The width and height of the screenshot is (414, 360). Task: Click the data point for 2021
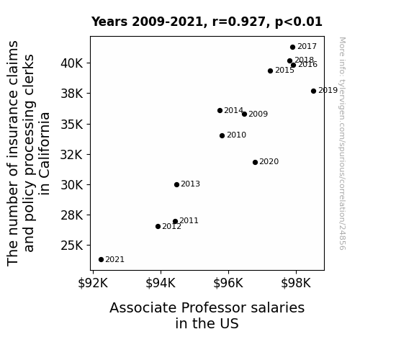(101, 260)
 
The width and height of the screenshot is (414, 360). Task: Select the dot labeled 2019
(313, 91)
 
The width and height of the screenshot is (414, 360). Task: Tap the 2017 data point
(292, 48)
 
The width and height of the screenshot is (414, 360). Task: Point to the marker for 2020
(255, 162)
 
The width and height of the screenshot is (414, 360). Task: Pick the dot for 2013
(176, 184)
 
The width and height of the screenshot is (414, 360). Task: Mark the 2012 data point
(158, 226)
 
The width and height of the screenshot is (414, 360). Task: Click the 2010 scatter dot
(222, 136)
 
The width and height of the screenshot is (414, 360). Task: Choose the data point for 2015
(270, 71)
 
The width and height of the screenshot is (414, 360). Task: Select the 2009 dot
(245, 114)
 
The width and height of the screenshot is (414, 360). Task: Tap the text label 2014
(234, 110)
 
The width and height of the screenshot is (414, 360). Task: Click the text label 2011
(189, 220)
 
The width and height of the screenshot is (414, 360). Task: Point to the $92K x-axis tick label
(93, 283)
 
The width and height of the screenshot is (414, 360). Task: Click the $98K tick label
(296, 283)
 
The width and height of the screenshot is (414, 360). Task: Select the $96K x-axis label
(228, 283)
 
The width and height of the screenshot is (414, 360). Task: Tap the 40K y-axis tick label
(72, 63)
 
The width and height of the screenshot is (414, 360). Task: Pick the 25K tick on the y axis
(72, 246)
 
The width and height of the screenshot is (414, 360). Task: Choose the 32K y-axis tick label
(72, 155)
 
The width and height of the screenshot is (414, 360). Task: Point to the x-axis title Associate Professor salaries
(207, 308)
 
